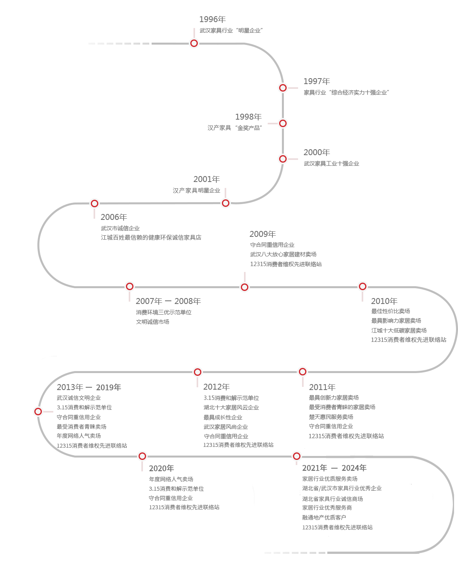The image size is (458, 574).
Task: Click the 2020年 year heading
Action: [161, 468]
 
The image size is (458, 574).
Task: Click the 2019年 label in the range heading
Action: [109, 387]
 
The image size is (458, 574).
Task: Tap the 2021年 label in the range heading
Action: [314, 468]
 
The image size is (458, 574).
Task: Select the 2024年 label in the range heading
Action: [354, 468]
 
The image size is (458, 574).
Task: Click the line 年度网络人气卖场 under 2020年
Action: [171, 479]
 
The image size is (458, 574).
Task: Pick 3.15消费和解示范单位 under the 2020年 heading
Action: [176, 489]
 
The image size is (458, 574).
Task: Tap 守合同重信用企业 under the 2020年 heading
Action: [171, 498]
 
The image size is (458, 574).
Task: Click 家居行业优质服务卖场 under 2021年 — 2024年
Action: [330, 479]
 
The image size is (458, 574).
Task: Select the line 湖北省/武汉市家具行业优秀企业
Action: [342, 488]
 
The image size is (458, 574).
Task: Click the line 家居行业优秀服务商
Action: [327, 508]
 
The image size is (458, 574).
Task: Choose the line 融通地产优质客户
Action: [324, 518]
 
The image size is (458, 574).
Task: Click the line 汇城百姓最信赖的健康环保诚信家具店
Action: [151, 238]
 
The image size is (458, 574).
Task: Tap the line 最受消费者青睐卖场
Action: [81, 427]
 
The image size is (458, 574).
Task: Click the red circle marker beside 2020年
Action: [142, 456]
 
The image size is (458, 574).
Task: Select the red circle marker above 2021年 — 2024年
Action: [297, 456]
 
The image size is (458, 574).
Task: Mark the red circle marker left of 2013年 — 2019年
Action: [38, 411]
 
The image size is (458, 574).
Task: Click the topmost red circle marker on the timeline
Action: [194, 43]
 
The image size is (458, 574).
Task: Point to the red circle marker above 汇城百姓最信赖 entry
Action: [94, 203]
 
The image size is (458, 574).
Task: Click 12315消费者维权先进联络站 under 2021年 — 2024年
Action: [337, 527]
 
